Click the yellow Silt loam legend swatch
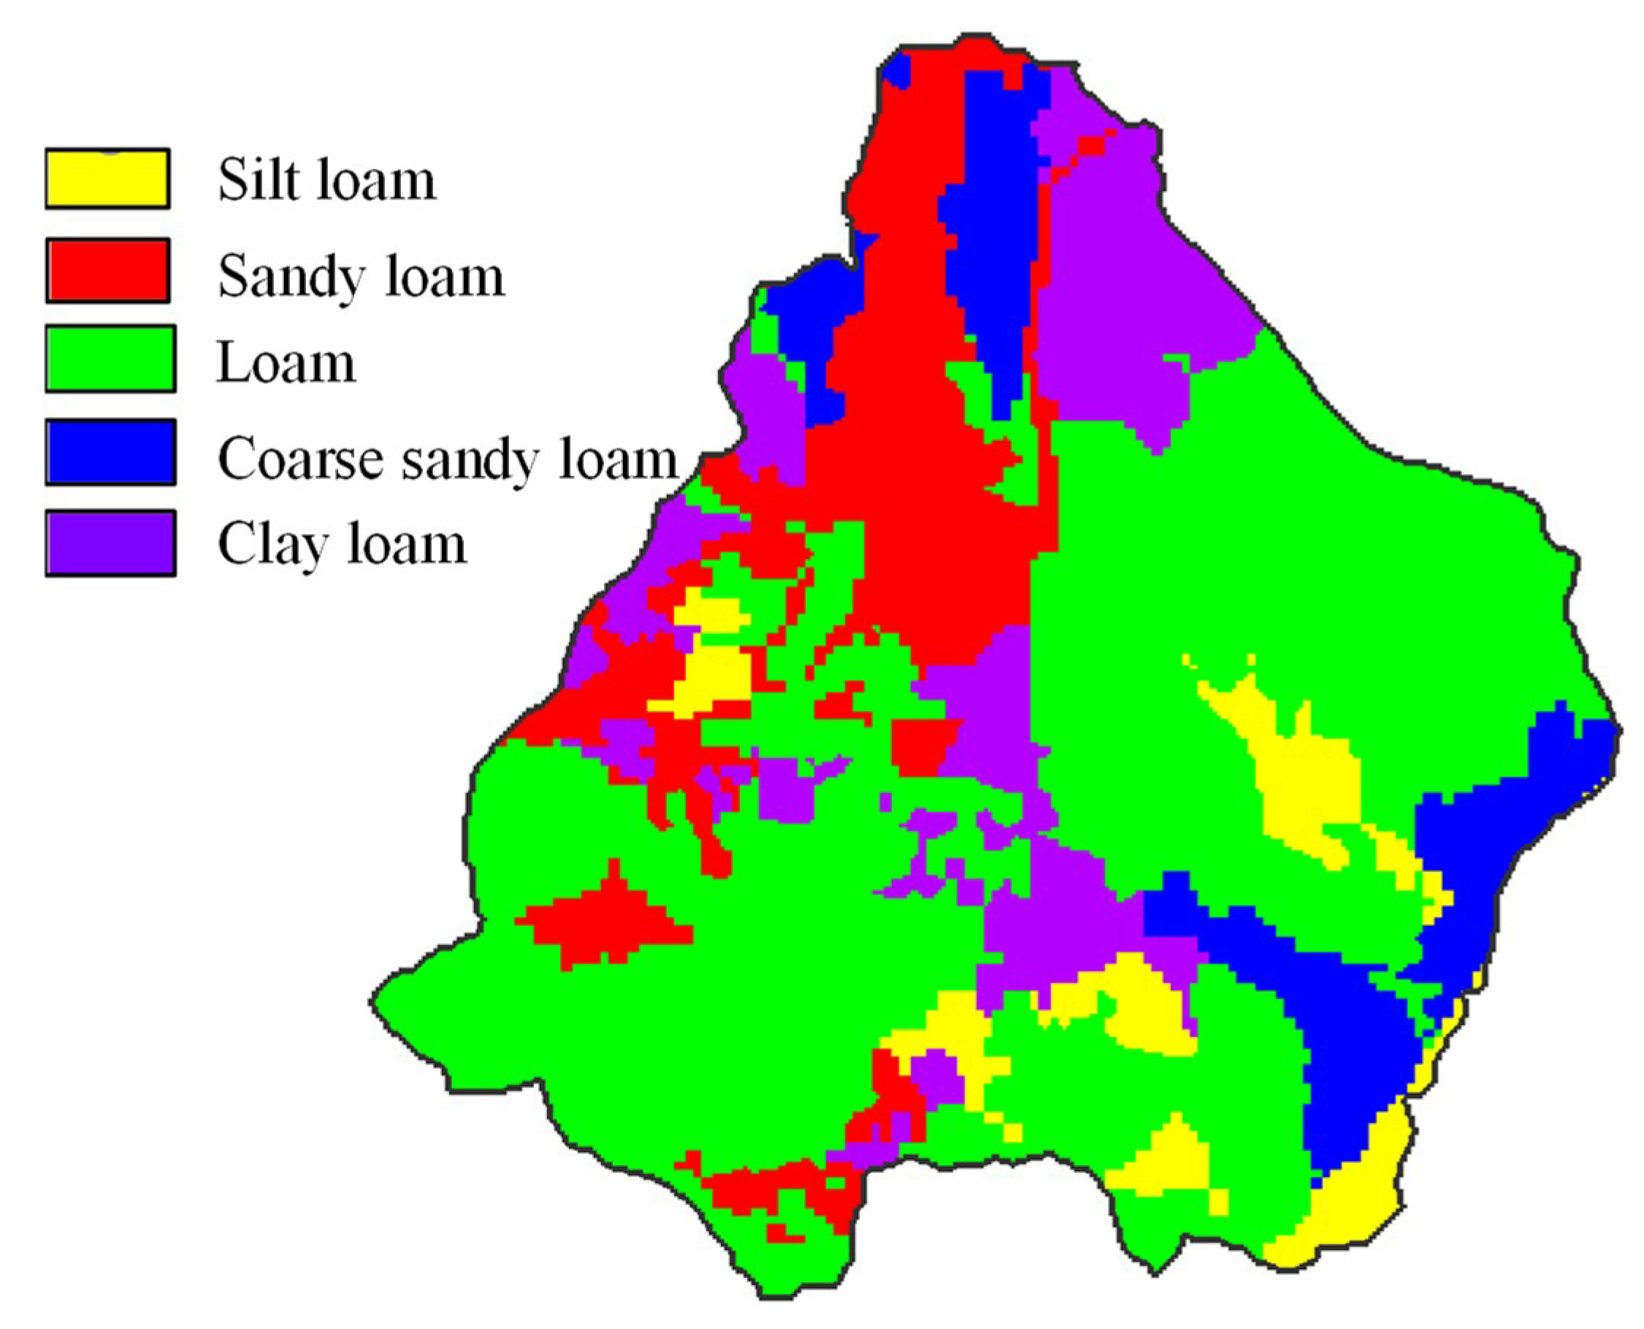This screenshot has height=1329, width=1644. [x=107, y=178]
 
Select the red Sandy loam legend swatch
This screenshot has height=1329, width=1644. [x=107, y=270]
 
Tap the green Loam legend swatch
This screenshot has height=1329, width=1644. [x=110, y=359]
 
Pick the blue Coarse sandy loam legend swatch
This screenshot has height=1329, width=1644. [x=110, y=452]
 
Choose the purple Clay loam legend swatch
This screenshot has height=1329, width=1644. [x=110, y=543]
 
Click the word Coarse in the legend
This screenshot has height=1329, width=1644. [x=300, y=459]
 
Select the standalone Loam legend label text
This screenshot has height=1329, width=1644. [x=286, y=363]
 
